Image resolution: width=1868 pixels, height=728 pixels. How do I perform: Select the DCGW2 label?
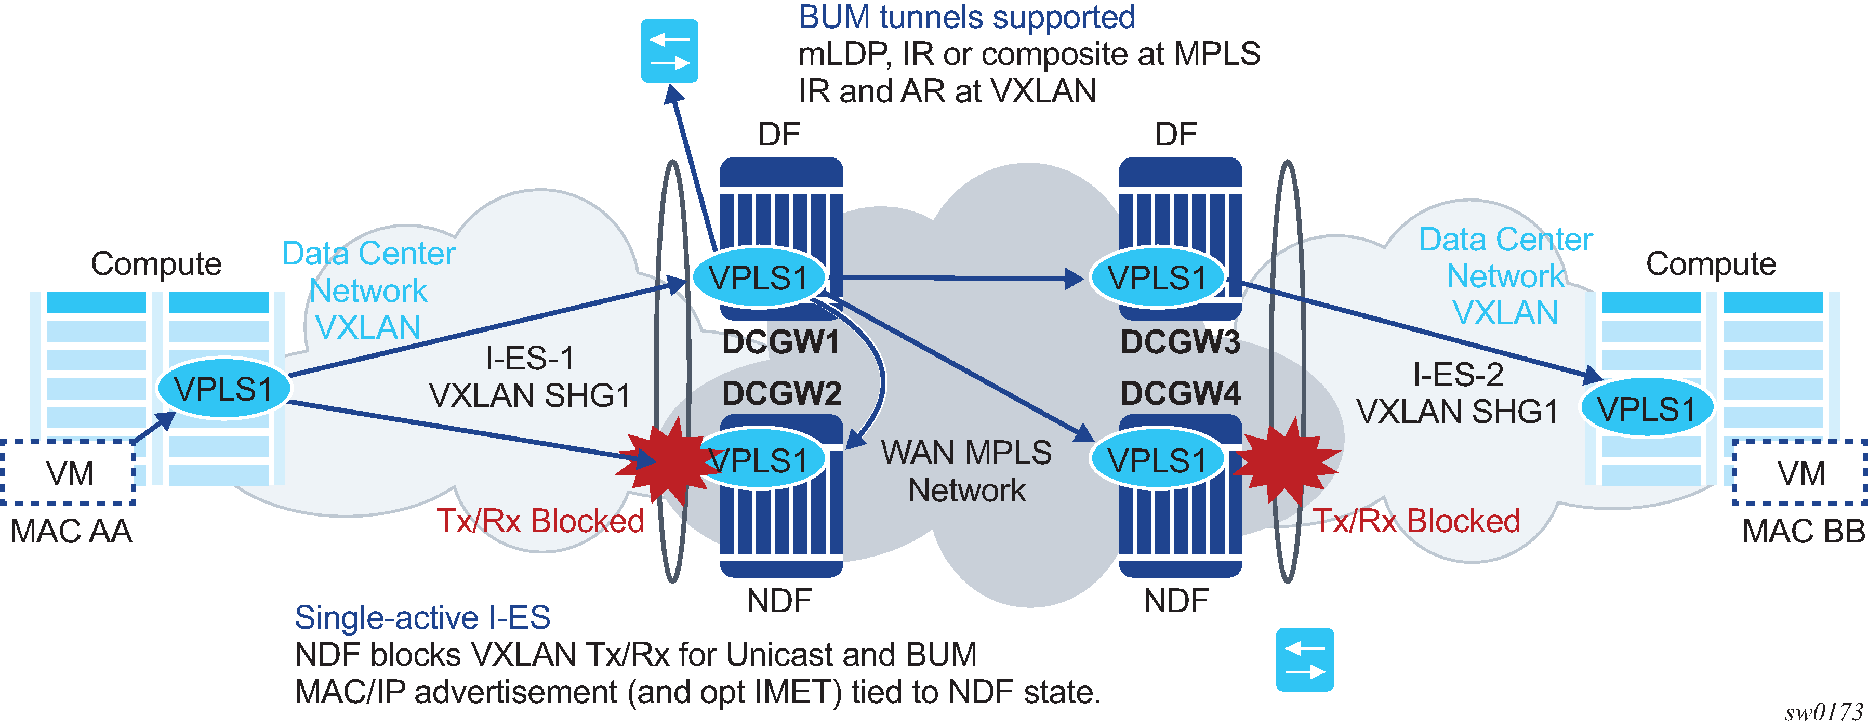pyautogui.click(x=781, y=394)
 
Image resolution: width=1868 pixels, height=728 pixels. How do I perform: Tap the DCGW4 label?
pyautogui.click(x=1180, y=394)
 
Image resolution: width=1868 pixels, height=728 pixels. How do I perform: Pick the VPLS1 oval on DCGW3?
pyautogui.click(x=1157, y=277)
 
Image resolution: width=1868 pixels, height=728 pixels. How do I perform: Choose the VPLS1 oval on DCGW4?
pyautogui.click(x=1157, y=460)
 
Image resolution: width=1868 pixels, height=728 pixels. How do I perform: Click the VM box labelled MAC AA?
pyautogui.click(x=70, y=473)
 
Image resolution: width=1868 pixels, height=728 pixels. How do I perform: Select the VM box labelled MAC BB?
pyautogui.click(x=1800, y=473)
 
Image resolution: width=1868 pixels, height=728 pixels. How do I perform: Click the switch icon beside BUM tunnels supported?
pyautogui.click(x=669, y=51)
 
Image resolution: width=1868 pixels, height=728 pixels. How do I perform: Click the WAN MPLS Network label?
pyautogui.click(x=966, y=471)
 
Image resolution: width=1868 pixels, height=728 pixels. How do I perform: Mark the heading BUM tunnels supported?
pyautogui.click(x=966, y=17)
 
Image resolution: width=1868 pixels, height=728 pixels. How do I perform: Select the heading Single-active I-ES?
pyautogui.click(x=422, y=618)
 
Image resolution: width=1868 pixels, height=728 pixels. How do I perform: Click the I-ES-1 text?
pyautogui.click(x=529, y=358)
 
